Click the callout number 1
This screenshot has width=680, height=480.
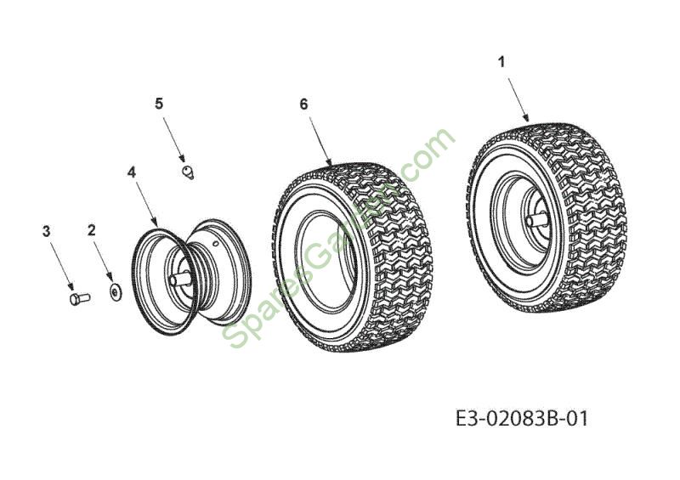(x=501, y=63)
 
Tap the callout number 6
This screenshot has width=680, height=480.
(x=303, y=104)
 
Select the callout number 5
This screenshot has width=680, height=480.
(x=159, y=104)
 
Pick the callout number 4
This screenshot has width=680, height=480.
(x=132, y=172)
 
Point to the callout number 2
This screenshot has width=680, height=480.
(x=91, y=230)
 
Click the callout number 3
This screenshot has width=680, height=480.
(x=46, y=231)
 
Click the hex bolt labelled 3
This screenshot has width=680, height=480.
(x=80, y=299)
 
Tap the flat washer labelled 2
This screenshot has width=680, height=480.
(x=116, y=293)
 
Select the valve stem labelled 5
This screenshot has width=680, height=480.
(x=188, y=172)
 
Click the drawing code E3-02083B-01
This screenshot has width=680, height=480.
(x=523, y=419)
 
